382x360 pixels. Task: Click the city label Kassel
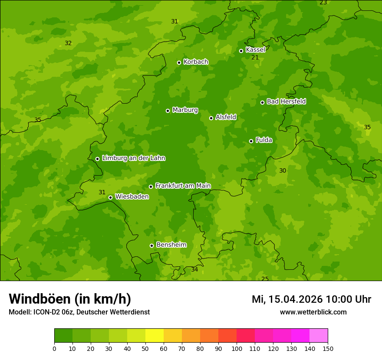click(x=255, y=50)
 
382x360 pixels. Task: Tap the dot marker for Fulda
click(x=251, y=141)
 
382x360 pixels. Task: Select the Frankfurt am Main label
click(x=183, y=186)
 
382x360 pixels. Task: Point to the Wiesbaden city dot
click(x=110, y=197)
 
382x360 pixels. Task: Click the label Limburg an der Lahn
click(x=133, y=158)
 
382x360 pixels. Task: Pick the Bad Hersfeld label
click(x=286, y=101)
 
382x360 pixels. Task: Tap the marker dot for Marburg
click(x=168, y=111)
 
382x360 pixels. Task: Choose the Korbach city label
click(x=196, y=62)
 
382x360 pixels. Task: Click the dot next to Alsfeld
click(x=211, y=118)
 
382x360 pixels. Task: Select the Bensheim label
click(x=171, y=245)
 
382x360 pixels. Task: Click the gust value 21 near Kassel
click(x=255, y=58)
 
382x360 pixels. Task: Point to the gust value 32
click(x=68, y=43)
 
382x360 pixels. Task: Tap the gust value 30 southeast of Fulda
click(x=283, y=170)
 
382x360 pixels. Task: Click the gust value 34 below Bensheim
click(x=194, y=269)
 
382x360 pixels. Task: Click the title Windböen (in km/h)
click(x=70, y=299)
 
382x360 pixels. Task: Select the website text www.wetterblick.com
click(x=313, y=312)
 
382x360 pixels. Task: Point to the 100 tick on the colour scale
click(x=237, y=348)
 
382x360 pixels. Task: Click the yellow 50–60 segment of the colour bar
click(x=155, y=336)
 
